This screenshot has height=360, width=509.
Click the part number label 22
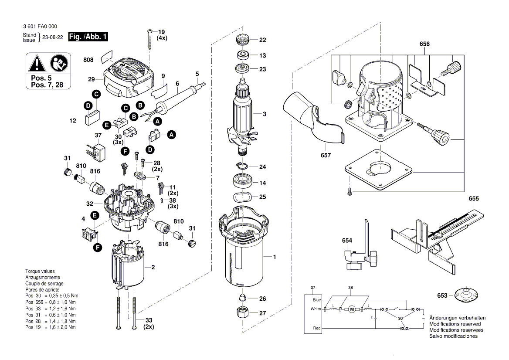click(x=262, y=40)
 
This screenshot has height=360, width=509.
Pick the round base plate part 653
click(x=466, y=295)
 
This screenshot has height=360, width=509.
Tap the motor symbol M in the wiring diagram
click(x=350, y=309)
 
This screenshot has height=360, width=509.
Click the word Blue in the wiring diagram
click(x=316, y=300)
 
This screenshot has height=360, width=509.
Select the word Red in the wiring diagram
click(x=317, y=328)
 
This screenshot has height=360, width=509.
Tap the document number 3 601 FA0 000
click(x=42, y=27)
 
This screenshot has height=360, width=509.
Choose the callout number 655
click(x=474, y=199)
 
